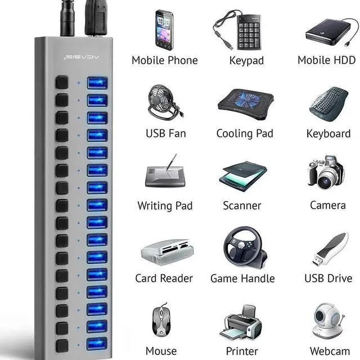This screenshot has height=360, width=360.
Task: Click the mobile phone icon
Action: tap(164, 30)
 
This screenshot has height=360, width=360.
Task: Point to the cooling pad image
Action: tap(245, 105)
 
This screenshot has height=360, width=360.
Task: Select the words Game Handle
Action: tap(242, 278)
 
